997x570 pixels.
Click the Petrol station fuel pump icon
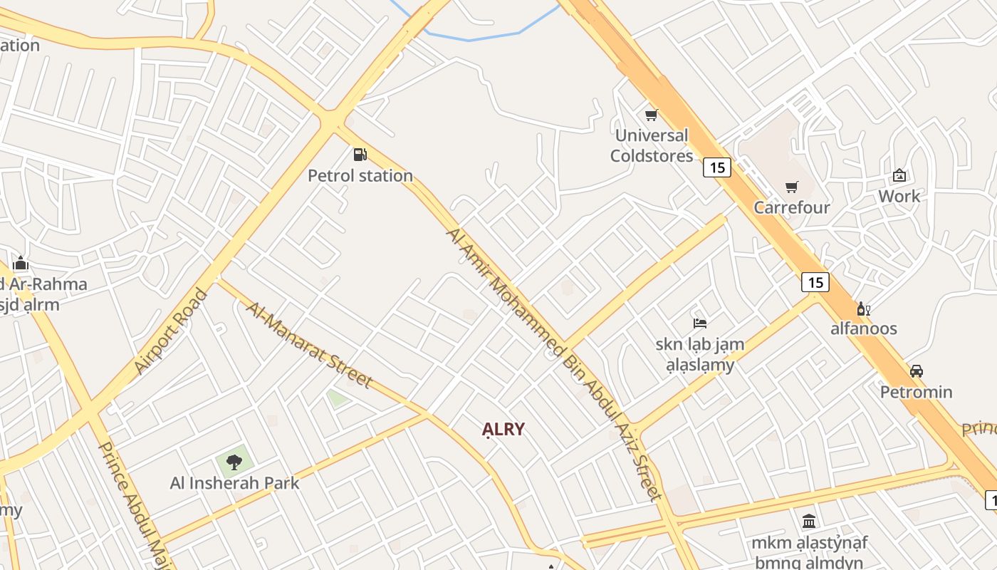(x=360, y=154)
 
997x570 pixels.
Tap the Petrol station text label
(x=360, y=175)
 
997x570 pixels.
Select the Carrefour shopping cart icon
(x=792, y=187)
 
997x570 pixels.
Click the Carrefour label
(x=792, y=207)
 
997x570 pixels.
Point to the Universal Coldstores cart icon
(x=651, y=115)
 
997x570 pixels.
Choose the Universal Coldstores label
(x=652, y=145)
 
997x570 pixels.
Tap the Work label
(x=899, y=196)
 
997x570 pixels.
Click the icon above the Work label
(x=899, y=175)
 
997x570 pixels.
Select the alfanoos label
(x=864, y=328)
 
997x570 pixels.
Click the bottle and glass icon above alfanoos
(x=864, y=309)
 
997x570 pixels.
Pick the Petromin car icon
(x=917, y=371)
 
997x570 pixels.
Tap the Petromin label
(x=917, y=392)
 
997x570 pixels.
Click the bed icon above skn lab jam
(x=700, y=323)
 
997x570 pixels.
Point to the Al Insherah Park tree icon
(x=234, y=462)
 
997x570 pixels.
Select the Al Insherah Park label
(x=234, y=483)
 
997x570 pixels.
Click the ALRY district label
(x=503, y=429)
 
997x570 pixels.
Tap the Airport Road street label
(x=172, y=331)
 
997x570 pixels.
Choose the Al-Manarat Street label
(x=309, y=345)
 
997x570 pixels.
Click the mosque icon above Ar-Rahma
(x=20, y=263)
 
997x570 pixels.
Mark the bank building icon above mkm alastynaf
(x=809, y=522)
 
